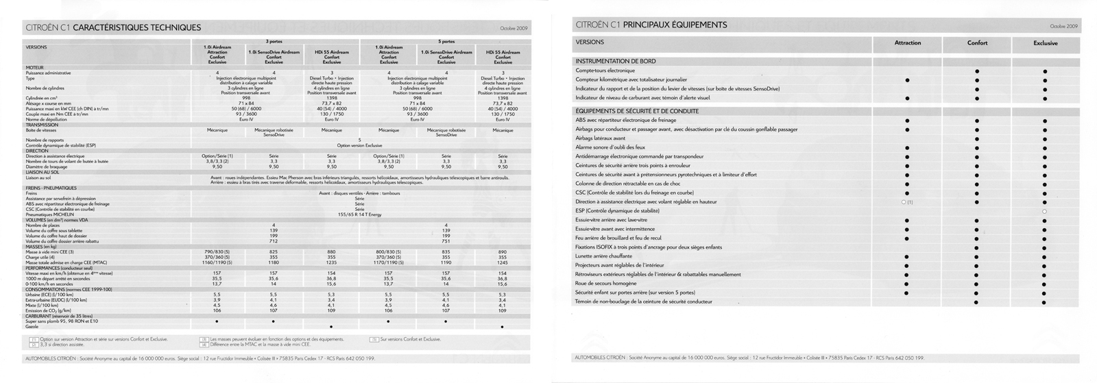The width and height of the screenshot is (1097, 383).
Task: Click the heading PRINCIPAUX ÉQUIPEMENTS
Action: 675,25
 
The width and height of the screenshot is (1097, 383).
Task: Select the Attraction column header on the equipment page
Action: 908,43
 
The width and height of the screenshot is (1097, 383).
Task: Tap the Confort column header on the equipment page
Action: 977,43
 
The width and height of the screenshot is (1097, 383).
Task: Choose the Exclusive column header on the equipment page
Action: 1045,43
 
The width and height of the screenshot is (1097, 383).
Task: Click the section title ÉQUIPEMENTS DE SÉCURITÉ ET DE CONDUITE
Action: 637,111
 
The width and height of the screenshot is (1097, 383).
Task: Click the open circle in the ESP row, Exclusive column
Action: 1045,211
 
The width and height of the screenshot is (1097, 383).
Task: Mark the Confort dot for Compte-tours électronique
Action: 977,71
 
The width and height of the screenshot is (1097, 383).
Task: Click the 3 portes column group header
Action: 274,42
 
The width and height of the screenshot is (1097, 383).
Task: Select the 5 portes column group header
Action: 446,42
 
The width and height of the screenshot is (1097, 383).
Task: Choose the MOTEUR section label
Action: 34,68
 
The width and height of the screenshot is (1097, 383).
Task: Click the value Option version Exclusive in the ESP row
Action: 359,145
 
